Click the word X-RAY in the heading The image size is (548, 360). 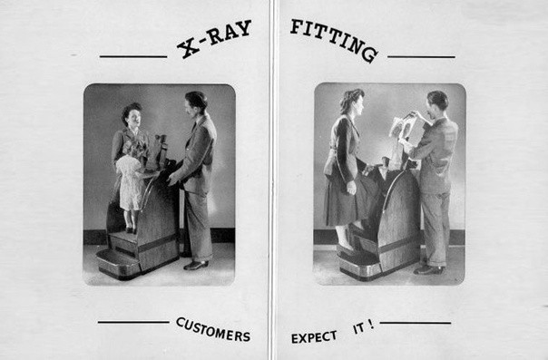tap(214, 39)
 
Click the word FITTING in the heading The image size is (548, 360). tap(334, 40)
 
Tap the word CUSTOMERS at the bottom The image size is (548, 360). tap(213, 330)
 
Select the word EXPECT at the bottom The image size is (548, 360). tap(314, 337)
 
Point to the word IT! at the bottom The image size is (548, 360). tap(364, 327)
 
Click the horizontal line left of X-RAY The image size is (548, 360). tap(133, 56)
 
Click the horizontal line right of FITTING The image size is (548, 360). tap(421, 56)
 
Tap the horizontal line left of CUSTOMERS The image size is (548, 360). tap(133, 322)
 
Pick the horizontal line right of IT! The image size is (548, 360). tap(416, 323)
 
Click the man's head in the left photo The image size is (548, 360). tap(196, 103)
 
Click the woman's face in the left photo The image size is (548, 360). tap(134, 118)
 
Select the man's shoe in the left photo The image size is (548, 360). tap(196, 265)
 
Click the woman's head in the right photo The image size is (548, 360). tap(352, 102)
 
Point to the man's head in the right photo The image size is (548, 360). tap(437, 103)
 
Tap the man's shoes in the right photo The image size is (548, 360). tap(429, 269)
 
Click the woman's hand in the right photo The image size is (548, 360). tap(351, 188)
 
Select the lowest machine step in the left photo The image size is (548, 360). tap(117, 264)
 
